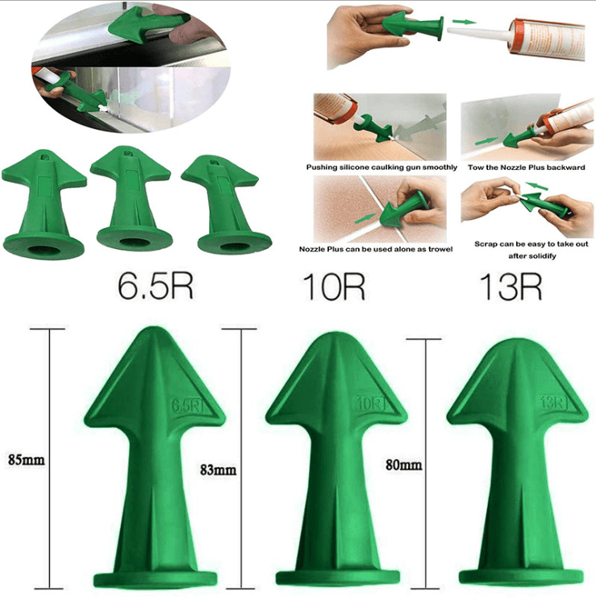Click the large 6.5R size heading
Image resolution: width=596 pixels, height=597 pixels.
click(x=156, y=287)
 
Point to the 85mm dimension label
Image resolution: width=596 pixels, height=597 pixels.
click(x=25, y=461)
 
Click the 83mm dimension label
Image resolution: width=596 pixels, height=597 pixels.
click(x=217, y=469)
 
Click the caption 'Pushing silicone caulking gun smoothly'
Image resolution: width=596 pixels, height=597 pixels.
click(x=382, y=167)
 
